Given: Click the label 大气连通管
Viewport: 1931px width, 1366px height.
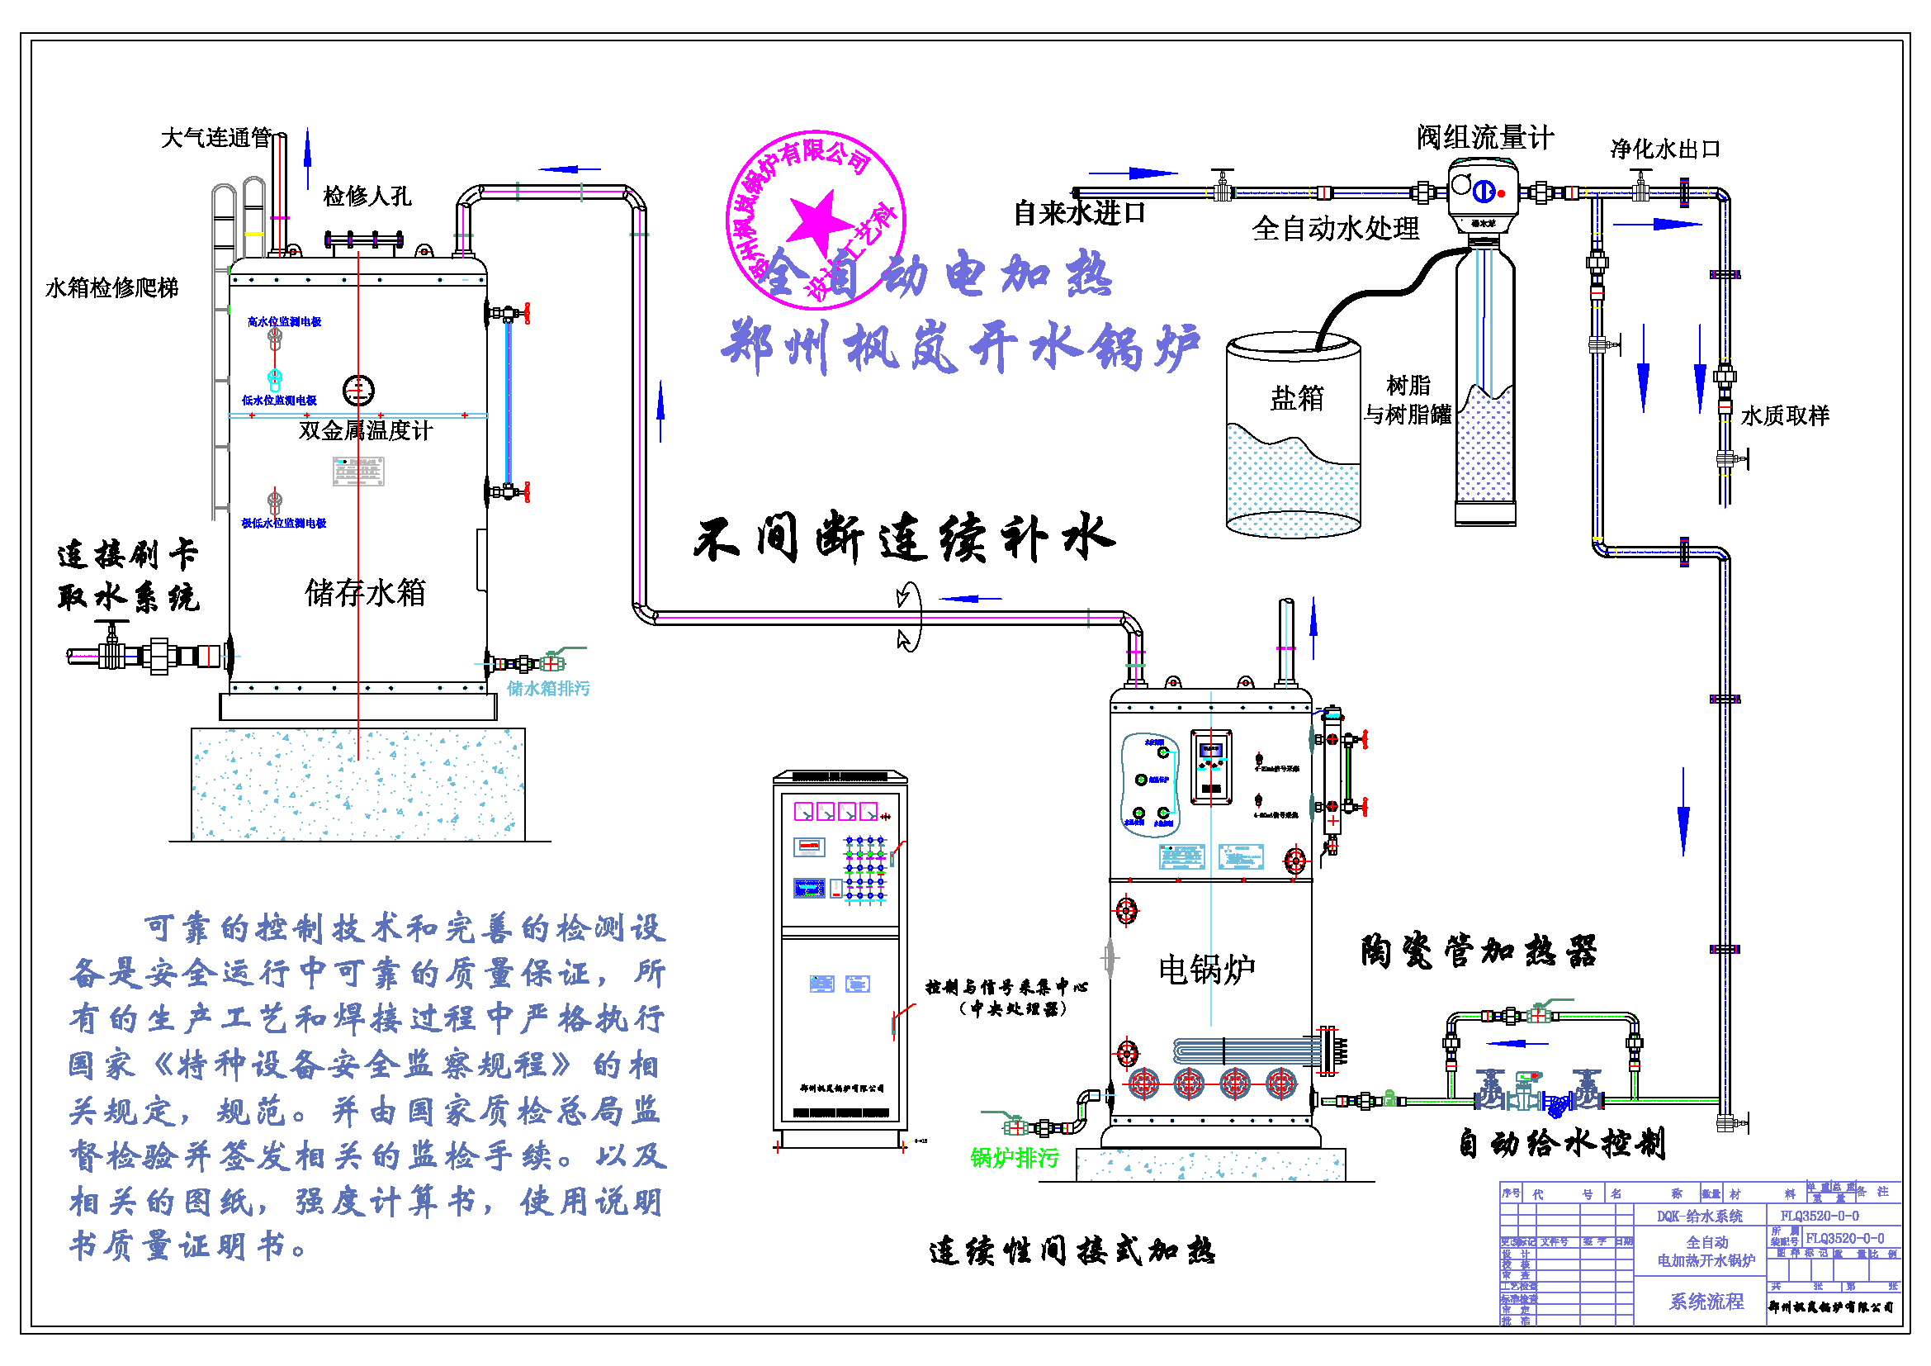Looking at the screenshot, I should click(x=215, y=137).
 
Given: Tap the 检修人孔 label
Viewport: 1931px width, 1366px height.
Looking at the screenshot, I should click(x=367, y=197).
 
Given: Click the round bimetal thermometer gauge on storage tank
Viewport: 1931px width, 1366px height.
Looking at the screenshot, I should click(x=358, y=391).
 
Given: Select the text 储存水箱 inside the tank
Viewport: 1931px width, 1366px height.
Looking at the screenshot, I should click(x=365, y=593).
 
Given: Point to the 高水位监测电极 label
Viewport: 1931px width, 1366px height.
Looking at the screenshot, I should click(x=284, y=321).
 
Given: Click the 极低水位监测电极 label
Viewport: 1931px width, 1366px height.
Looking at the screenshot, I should click(x=283, y=523).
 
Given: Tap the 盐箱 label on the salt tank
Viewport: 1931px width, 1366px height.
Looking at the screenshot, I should click(x=1296, y=398).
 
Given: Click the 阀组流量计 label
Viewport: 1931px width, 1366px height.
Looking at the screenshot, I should click(x=1484, y=137).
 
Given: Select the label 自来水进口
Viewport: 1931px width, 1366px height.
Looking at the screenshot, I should click(x=1079, y=213).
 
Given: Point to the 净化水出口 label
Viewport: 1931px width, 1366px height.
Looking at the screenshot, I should click(x=1664, y=149).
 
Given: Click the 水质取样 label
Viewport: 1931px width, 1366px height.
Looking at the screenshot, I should click(x=1785, y=415).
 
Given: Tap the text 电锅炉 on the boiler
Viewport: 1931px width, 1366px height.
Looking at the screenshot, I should click(x=1206, y=970).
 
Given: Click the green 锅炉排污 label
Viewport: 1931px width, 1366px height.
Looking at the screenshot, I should click(x=1015, y=1158).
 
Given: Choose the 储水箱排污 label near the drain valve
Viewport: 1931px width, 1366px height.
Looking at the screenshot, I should click(x=548, y=689).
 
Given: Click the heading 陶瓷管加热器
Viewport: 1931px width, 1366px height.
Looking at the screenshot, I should click(x=1479, y=951).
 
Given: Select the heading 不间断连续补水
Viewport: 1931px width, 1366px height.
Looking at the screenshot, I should click(x=904, y=538).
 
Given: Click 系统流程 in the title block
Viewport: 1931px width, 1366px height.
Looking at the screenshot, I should click(x=1706, y=1302).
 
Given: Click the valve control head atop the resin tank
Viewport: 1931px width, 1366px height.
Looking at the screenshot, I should click(x=1483, y=195).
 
